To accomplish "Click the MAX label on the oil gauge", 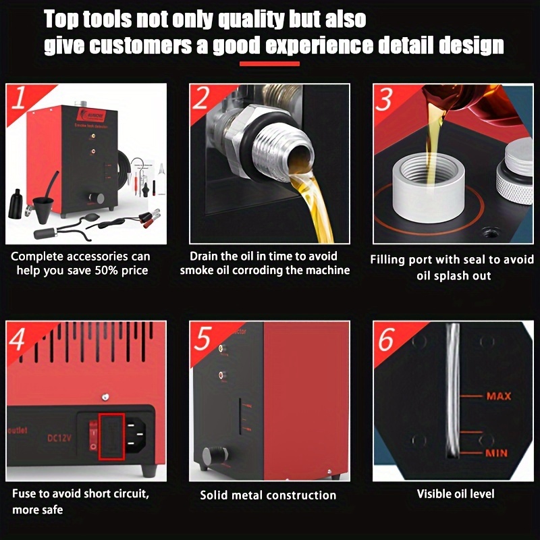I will [x=498, y=396].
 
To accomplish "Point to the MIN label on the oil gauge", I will [x=497, y=453].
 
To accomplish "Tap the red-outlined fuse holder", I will [x=111, y=433].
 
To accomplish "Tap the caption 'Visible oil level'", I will [x=455, y=494].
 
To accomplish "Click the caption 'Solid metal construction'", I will [x=268, y=495].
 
